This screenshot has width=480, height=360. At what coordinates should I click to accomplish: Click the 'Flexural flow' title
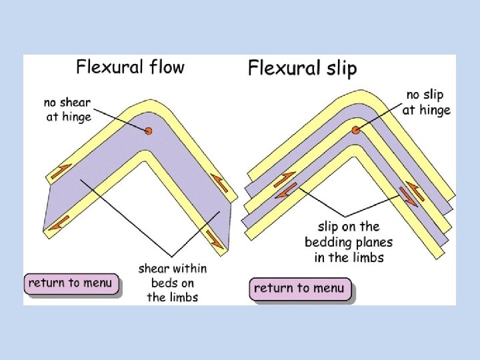[129, 67]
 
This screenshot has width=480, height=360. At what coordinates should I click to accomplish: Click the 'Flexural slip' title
[302, 68]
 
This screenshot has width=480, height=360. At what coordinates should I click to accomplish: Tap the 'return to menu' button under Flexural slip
[300, 288]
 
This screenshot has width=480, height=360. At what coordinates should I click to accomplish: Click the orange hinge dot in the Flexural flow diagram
[148, 131]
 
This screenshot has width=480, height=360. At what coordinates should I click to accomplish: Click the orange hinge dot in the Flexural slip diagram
[356, 130]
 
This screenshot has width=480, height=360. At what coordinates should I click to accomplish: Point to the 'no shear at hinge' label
[67, 110]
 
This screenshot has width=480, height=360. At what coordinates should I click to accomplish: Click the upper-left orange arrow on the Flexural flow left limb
[59, 173]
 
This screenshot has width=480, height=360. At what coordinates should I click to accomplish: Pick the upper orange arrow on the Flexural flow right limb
[219, 181]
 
